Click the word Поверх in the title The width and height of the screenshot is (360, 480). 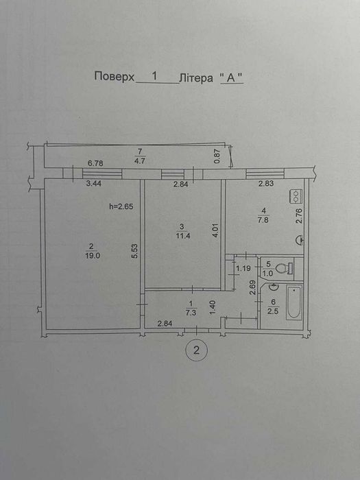[112, 77]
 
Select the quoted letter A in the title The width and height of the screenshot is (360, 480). [232, 77]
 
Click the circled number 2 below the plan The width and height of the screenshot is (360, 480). [197, 350]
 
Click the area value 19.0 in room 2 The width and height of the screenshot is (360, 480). [92, 254]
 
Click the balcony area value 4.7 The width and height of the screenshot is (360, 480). [140, 161]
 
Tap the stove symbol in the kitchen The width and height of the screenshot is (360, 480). [297, 197]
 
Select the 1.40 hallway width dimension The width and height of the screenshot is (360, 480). [214, 310]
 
